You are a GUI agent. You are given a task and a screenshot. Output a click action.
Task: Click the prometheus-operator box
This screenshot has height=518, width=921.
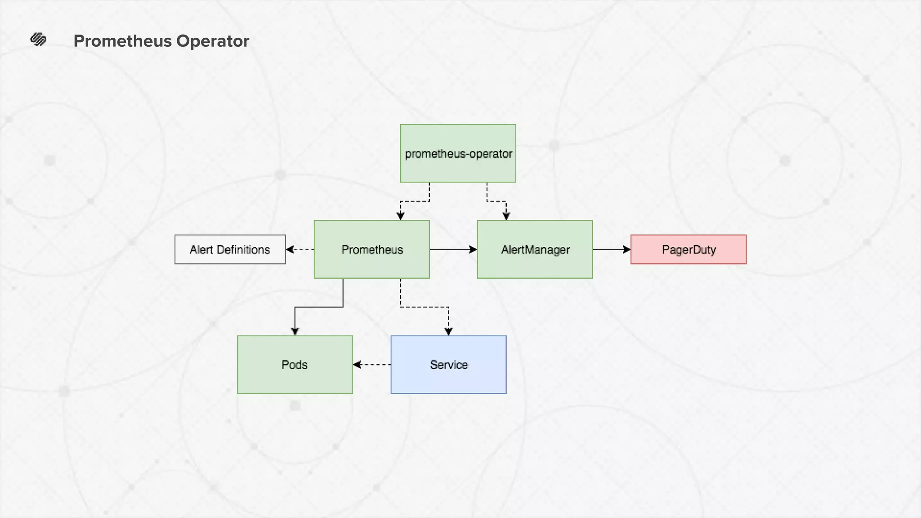click(458, 153)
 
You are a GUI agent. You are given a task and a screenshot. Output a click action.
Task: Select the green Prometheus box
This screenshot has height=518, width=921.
click(371, 250)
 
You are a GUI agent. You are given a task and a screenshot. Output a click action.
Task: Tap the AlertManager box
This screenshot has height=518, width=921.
click(535, 250)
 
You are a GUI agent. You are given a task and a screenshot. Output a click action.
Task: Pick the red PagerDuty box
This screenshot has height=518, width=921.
click(688, 250)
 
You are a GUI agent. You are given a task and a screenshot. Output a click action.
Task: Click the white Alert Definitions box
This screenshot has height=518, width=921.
click(230, 250)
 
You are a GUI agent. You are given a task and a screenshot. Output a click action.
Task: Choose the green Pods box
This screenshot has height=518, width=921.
click(295, 365)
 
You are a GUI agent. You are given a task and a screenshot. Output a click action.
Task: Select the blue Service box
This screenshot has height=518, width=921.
click(448, 365)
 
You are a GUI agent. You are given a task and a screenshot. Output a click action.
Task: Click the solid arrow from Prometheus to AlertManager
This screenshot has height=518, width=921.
click(453, 249)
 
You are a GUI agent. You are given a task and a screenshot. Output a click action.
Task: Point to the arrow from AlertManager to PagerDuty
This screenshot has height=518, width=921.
click(611, 249)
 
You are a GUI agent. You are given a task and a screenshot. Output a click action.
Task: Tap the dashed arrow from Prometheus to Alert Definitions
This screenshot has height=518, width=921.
click(300, 249)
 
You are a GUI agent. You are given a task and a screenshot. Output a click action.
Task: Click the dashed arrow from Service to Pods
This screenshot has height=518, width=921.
click(372, 365)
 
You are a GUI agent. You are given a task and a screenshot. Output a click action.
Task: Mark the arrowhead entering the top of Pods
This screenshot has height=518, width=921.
click(295, 331)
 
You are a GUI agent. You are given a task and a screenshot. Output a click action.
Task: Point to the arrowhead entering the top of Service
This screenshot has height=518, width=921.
click(448, 331)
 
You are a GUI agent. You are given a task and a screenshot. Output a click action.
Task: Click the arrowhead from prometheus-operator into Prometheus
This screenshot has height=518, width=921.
click(401, 216)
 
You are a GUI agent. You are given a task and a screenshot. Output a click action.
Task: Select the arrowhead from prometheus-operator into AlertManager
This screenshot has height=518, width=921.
click(506, 216)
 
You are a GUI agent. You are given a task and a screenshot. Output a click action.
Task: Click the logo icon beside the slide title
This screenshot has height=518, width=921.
click(38, 40)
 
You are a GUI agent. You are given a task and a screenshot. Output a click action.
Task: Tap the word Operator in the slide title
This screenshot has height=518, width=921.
click(212, 41)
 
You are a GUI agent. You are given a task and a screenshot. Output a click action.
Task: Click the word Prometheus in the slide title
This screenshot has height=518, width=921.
click(122, 41)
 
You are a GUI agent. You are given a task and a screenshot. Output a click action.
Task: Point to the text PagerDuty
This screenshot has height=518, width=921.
click(689, 250)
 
